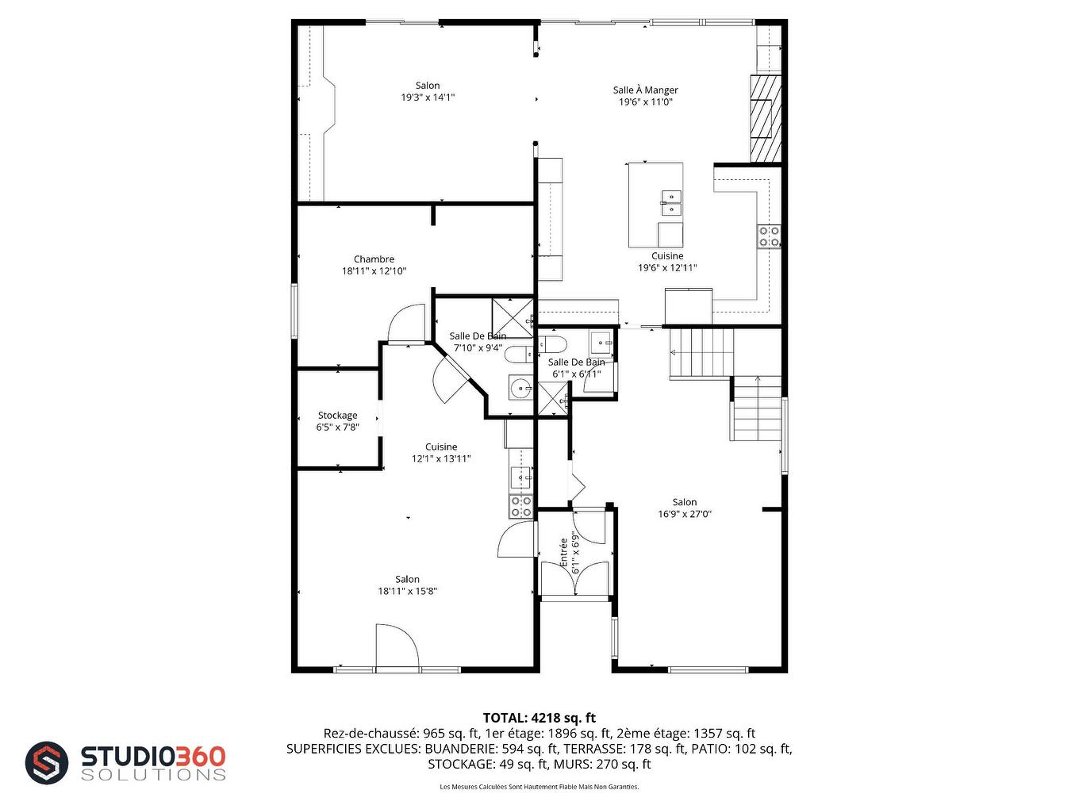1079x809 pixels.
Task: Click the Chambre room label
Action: [x=374, y=259]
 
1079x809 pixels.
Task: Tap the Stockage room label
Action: [x=337, y=415]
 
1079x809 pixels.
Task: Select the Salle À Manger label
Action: [x=645, y=90]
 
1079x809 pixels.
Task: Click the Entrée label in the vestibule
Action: [x=564, y=552]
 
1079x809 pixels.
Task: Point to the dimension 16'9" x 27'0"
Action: [x=684, y=514]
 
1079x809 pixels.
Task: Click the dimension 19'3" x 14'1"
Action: [x=428, y=98]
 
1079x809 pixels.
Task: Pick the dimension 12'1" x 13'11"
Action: [x=441, y=458]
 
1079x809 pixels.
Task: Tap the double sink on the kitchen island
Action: [x=671, y=203]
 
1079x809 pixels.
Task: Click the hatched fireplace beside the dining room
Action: [x=766, y=118]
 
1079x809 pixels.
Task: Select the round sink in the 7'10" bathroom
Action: [x=520, y=389]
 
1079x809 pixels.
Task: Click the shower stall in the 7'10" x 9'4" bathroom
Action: [x=513, y=317]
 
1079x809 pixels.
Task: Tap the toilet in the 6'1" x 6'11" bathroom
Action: [x=553, y=343]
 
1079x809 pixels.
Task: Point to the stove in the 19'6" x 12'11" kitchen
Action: [x=770, y=236]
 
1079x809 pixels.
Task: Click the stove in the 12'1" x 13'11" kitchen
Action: [x=521, y=506]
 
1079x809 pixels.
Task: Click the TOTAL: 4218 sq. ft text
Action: [x=539, y=718]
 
